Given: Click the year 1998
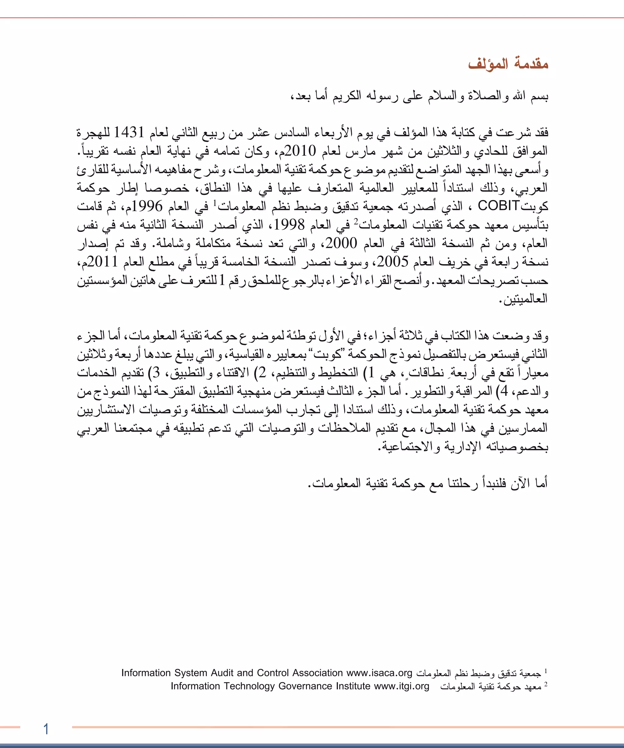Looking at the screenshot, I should click(289, 224).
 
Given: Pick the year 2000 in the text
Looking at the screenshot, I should click(341, 243).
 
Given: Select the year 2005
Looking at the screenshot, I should click(392, 262).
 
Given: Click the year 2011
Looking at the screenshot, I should click(102, 262).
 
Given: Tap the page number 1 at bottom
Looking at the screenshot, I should click(46, 729).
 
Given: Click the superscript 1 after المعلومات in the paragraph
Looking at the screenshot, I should click(215, 203).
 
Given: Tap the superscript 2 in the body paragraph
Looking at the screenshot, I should click(356, 221).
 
